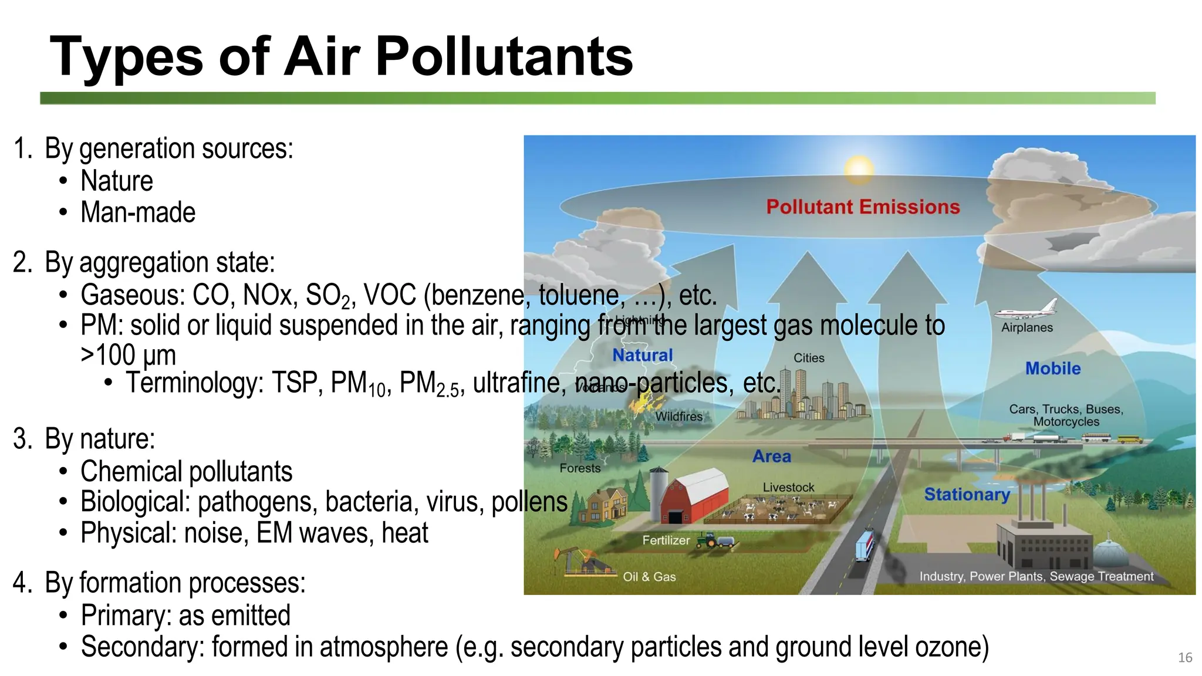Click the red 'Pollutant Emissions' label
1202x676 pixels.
863,207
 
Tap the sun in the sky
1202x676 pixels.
859,170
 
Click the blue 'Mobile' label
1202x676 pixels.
1053,369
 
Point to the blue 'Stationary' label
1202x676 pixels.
967,495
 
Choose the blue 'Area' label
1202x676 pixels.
772,456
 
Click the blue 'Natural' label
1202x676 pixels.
643,355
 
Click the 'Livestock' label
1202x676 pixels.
788,487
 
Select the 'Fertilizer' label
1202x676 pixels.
666,540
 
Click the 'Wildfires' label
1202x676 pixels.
679,416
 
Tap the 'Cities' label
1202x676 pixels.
809,358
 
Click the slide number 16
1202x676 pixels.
1185,657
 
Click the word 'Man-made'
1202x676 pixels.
138,212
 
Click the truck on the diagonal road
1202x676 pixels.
865,545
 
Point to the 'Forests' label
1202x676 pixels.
580,468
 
